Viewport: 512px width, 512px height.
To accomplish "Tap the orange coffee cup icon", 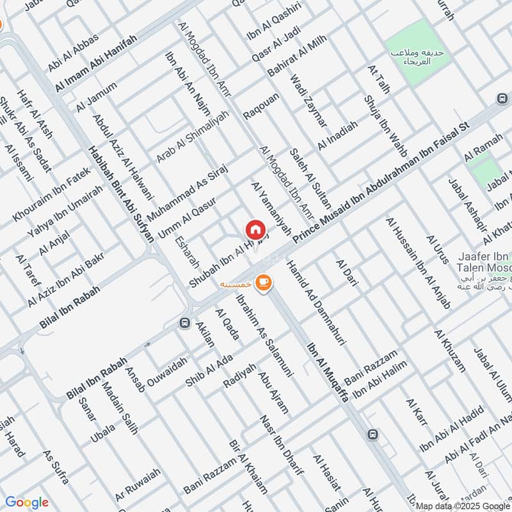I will click(262, 282).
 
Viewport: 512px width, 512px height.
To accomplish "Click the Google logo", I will click(26, 502).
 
